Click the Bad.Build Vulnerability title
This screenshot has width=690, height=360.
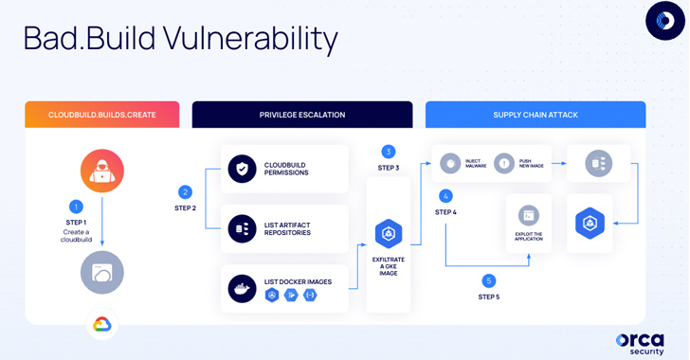tap(180, 39)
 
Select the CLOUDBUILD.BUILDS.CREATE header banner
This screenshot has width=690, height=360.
tap(102, 115)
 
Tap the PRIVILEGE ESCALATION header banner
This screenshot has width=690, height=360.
tap(302, 115)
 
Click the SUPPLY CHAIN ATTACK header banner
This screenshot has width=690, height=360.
tap(536, 115)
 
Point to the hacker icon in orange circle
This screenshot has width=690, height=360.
tap(102, 171)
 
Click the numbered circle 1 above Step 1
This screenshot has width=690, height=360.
tap(77, 207)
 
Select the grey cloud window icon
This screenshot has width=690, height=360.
tap(102, 273)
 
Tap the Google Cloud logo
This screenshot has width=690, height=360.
tap(102, 325)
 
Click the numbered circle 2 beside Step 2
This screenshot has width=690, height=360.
tap(186, 192)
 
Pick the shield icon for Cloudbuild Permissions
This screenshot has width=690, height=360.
tap(243, 169)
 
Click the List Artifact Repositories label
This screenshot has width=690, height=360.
tap(287, 228)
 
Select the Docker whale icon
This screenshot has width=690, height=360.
tap(243, 288)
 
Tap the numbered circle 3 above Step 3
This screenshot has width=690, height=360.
tap(389, 152)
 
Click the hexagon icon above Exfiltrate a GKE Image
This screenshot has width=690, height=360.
tap(389, 233)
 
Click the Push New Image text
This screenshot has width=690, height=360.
tap(531, 164)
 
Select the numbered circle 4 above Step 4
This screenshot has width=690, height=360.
tap(445, 196)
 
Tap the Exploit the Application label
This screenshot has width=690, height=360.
tap(529, 237)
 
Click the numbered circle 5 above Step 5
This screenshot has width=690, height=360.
tap(489, 280)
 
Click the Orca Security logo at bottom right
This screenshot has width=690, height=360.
tap(640, 344)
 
